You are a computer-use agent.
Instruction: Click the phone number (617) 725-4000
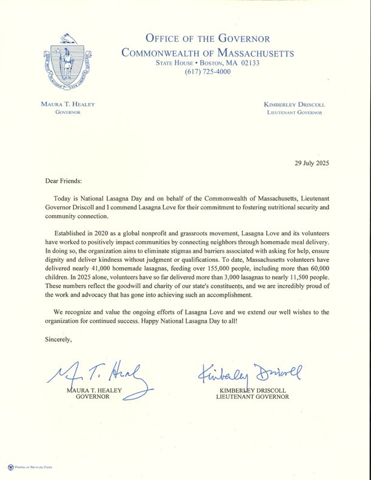208,72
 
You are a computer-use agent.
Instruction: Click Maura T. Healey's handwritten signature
100,378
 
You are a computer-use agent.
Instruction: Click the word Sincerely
58,339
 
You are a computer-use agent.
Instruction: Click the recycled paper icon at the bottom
11,467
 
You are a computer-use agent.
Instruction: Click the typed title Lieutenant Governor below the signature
252,397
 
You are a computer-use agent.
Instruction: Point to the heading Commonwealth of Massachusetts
207,52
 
